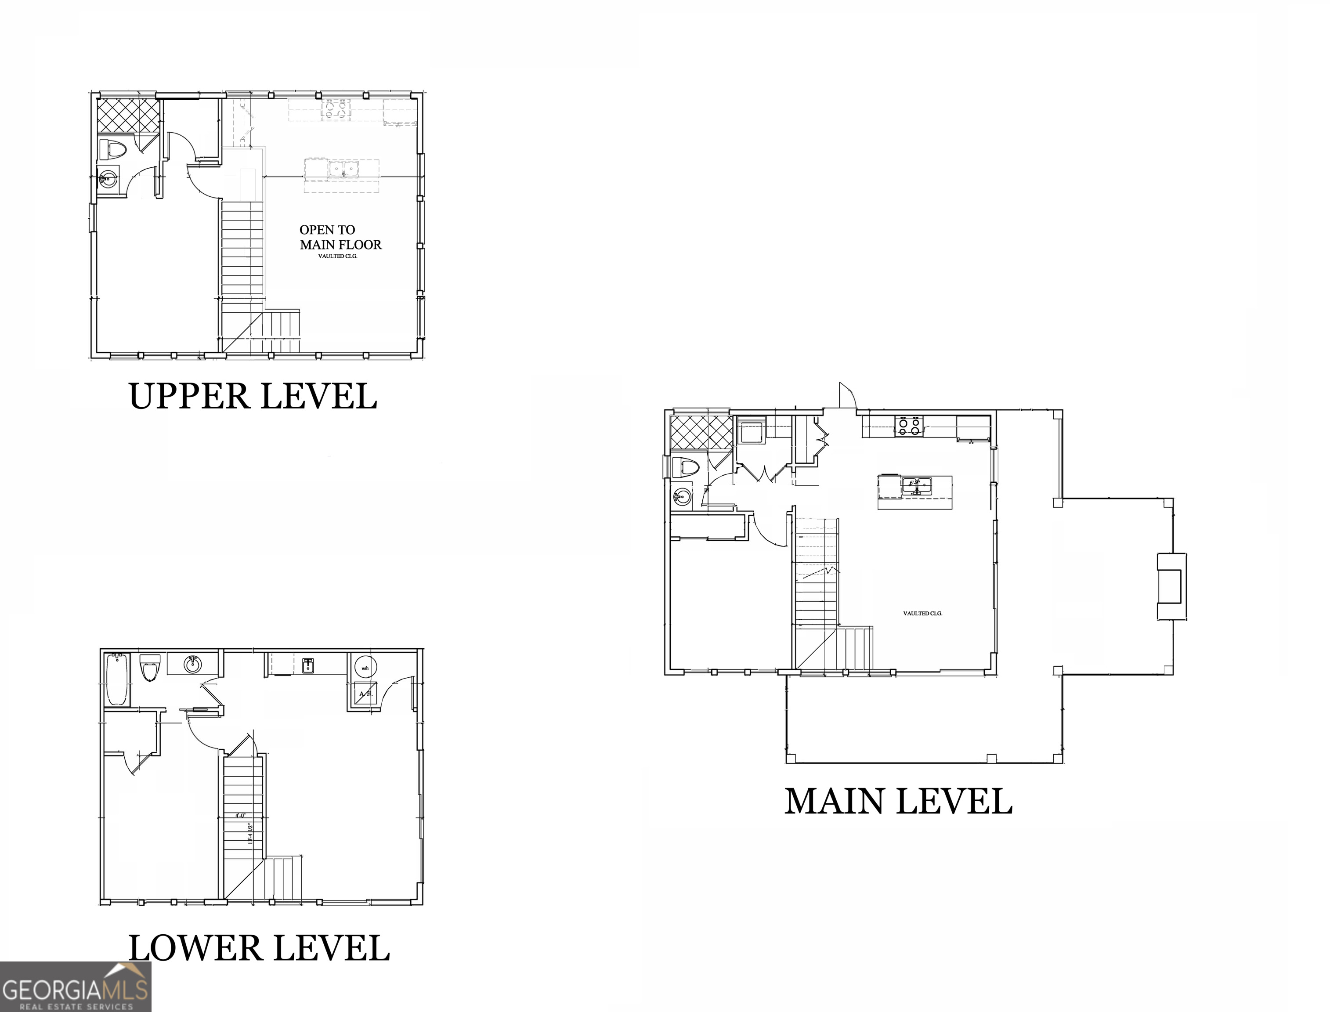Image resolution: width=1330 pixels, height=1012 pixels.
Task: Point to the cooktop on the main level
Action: tap(909, 426)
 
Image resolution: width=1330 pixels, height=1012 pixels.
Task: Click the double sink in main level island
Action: tap(916, 485)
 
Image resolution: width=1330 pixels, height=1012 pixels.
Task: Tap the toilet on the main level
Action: tap(686, 467)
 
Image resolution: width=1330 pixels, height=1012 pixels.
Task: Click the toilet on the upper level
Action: tap(112, 149)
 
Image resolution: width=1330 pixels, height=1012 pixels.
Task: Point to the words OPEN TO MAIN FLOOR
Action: tap(340, 237)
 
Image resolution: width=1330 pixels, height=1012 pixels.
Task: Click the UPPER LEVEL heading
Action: tap(253, 396)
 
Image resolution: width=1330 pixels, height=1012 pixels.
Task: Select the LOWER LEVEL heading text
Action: tap(259, 948)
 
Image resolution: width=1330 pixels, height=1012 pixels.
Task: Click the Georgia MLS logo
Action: tap(75, 988)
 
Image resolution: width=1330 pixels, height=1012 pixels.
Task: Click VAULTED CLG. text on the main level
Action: tap(922, 613)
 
